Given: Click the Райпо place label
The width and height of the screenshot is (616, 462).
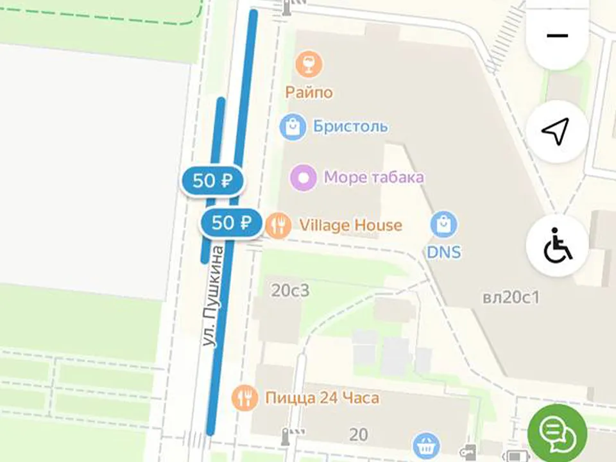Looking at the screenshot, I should point(309,92).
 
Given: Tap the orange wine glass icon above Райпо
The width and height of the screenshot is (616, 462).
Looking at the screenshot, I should point(309,64).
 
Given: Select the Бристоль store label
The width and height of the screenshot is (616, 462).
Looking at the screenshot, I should point(350,126).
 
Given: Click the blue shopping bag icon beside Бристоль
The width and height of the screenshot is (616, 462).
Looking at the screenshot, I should point(293,126).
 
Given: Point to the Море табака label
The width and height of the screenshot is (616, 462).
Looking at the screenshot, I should point(373,176).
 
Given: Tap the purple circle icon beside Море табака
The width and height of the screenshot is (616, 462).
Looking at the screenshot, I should point(304,177).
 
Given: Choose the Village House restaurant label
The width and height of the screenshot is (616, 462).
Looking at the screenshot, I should point(350,225).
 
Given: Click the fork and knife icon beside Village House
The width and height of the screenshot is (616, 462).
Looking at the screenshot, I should point(278,225).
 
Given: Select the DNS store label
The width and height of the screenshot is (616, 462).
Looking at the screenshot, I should point(444,252).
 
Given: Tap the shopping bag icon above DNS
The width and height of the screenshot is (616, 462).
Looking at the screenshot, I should point(444,225).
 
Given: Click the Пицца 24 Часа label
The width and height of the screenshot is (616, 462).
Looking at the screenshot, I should point(322,398).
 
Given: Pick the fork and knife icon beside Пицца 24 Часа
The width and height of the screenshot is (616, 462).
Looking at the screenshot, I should point(244,398).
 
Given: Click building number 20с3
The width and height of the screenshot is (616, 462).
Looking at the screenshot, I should point(290,291).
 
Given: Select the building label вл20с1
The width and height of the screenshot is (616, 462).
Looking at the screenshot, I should point(511,298).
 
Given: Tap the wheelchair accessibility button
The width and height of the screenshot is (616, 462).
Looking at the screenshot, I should point(557,246).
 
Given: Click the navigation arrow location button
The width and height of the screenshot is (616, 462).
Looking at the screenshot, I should point(556,132).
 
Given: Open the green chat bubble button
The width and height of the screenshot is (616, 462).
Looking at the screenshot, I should point(556,432).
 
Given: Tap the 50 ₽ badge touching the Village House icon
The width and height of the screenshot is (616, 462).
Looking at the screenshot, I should point(231,223).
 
